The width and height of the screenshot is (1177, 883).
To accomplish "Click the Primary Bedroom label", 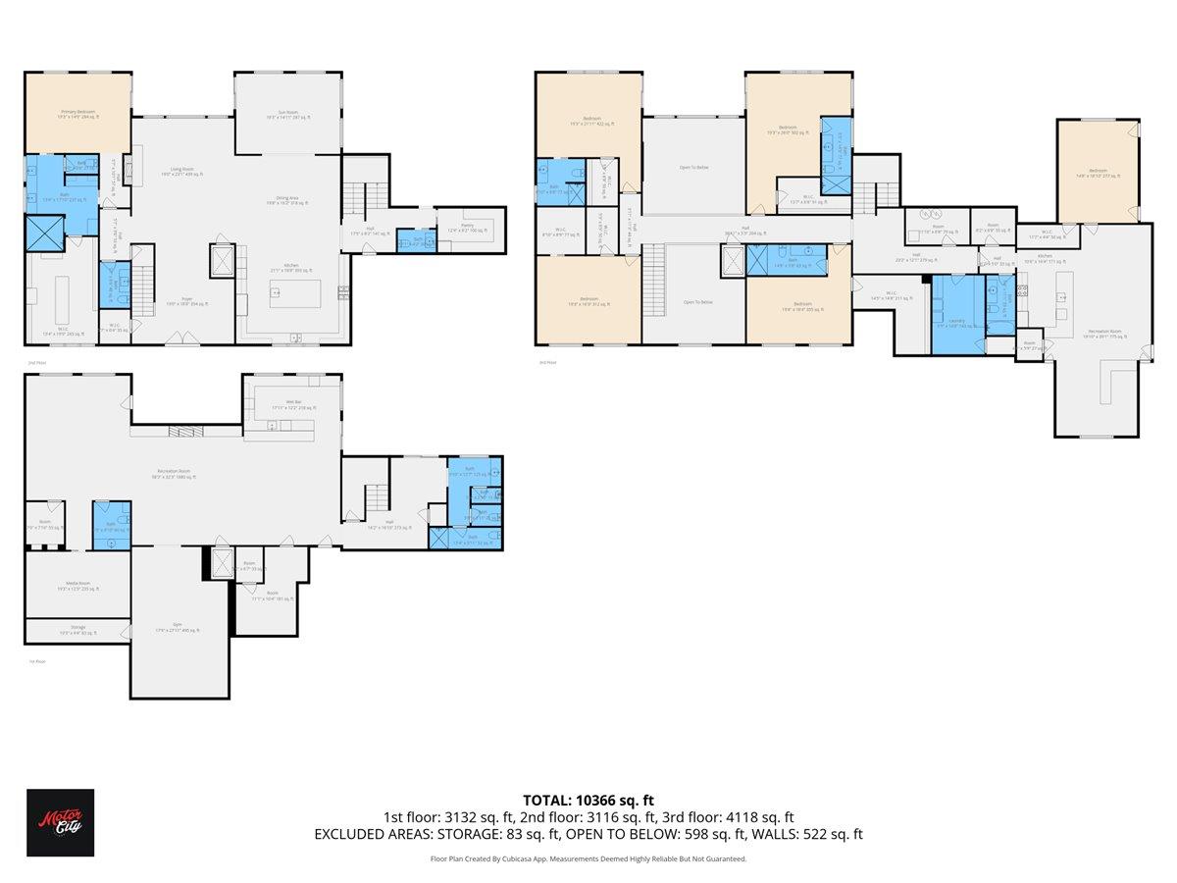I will click(77, 114).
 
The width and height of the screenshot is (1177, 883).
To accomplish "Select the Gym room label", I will click(177, 630).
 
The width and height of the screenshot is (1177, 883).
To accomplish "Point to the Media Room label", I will click(77, 587).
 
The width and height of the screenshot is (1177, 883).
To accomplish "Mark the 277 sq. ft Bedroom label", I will click(1097, 174).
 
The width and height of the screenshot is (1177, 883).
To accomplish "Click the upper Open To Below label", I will click(693, 167).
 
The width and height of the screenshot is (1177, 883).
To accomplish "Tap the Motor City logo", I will click(60, 822).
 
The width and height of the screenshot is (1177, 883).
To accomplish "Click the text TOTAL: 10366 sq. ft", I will click(588, 800).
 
